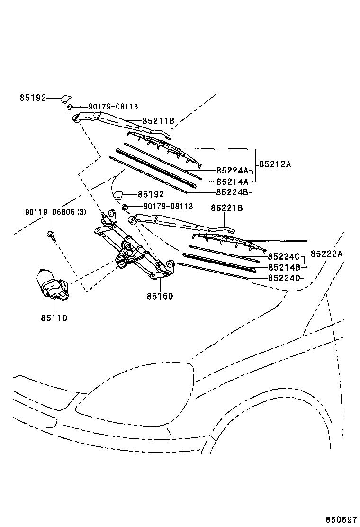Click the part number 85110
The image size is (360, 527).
pyautogui.click(x=54, y=318)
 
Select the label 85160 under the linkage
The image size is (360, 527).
pyautogui.click(x=160, y=296)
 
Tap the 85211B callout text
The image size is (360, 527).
pyautogui.click(x=158, y=121)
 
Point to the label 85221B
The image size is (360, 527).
pyautogui.click(x=227, y=208)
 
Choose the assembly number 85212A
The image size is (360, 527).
pyautogui.click(x=275, y=164)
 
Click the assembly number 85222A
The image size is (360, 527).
pyautogui.click(x=326, y=254)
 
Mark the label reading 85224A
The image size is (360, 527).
pyautogui.click(x=232, y=171)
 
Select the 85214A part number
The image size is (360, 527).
pyautogui.click(x=232, y=182)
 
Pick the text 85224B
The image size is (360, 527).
pyautogui.click(x=232, y=192)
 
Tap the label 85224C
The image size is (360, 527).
pyautogui.click(x=284, y=257)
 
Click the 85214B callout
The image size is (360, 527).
pyautogui.click(x=284, y=267)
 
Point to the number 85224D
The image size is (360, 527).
pyautogui.click(x=284, y=278)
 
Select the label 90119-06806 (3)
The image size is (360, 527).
pyautogui.click(x=55, y=212)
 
